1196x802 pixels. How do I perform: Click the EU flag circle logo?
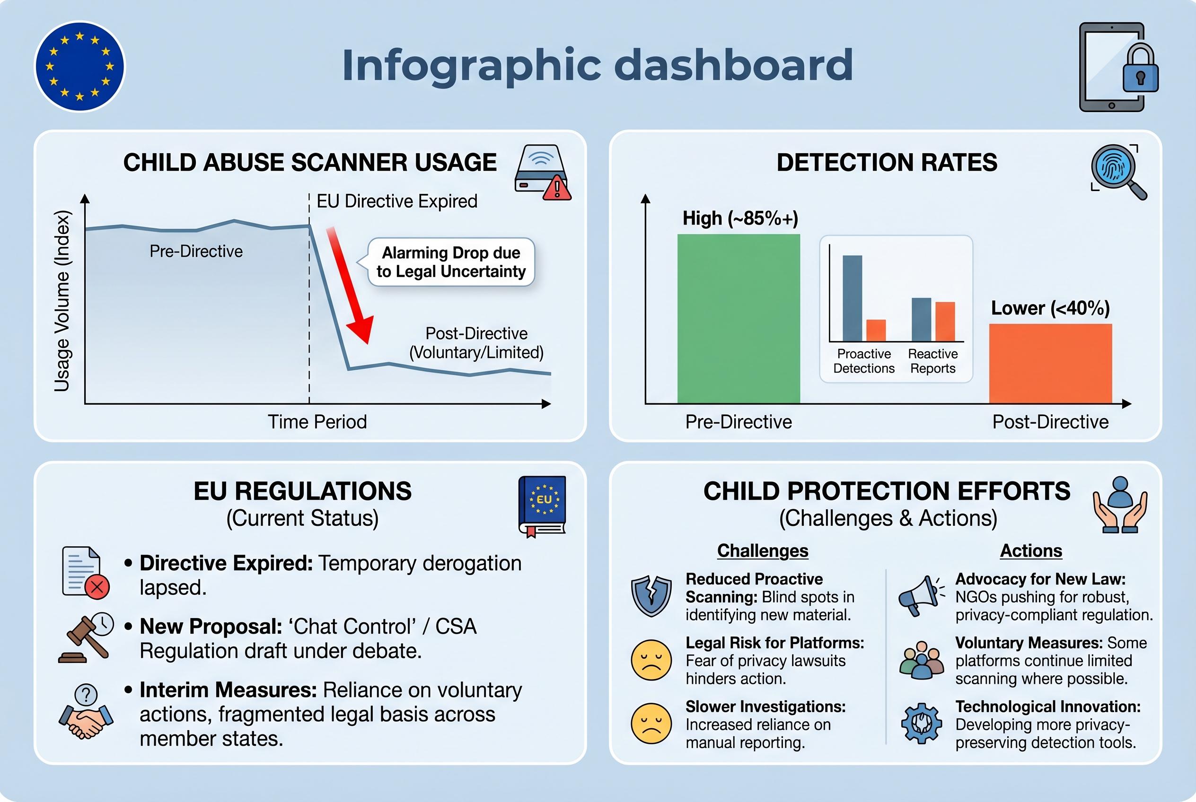[x=79, y=67]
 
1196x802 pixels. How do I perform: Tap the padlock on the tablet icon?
[x=1140, y=71]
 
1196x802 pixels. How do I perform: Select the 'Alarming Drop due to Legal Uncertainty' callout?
[x=451, y=262]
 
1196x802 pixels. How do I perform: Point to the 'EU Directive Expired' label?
[x=396, y=201]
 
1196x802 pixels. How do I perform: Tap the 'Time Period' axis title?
[x=317, y=422]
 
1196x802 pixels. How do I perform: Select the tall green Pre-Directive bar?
[x=739, y=318]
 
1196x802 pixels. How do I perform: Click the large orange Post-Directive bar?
[x=1050, y=363]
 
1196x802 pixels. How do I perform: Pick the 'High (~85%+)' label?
[x=740, y=218]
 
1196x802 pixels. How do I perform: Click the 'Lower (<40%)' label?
[x=1050, y=308]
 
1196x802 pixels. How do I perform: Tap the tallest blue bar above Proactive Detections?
[x=852, y=298]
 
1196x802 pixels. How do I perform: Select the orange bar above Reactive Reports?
[x=945, y=321]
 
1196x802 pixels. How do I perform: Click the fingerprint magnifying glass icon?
[x=1117, y=171]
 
